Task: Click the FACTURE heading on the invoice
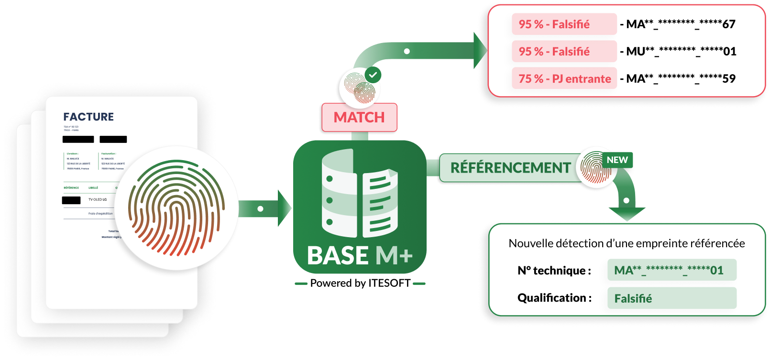click(88, 117)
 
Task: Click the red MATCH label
click(359, 117)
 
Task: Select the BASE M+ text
click(359, 255)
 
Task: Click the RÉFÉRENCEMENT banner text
click(510, 168)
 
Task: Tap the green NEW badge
click(617, 160)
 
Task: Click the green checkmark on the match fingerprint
click(373, 75)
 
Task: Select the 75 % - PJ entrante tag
click(564, 78)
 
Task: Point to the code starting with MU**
click(681, 51)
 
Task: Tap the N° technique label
click(554, 271)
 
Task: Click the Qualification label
click(554, 298)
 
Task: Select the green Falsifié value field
click(671, 298)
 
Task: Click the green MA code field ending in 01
click(671, 270)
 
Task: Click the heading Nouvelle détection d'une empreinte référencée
click(627, 243)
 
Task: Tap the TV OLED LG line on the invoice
click(98, 199)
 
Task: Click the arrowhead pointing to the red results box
click(480, 51)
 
